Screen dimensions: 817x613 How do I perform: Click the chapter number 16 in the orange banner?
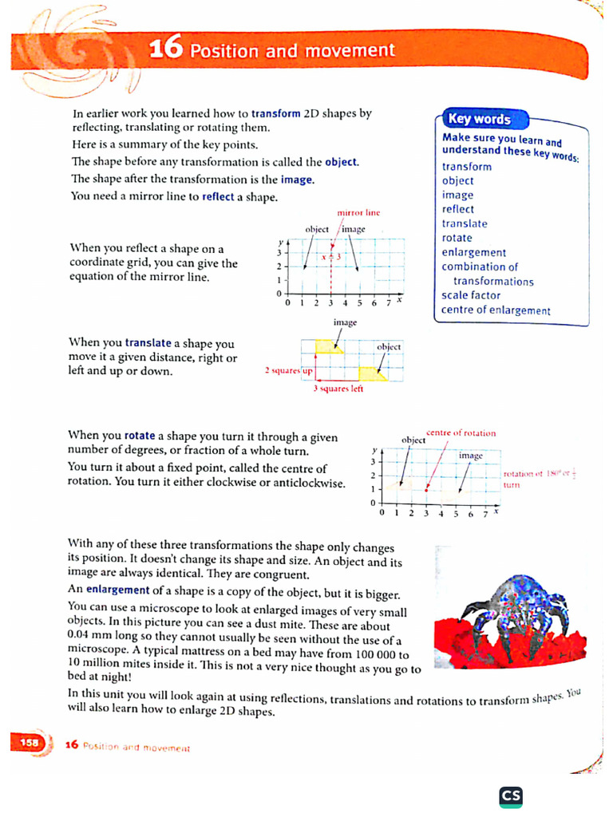pyautogui.click(x=165, y=49)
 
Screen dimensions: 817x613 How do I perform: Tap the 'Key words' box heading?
pyautogui.click(x=479, y=119)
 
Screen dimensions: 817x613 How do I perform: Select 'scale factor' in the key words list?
pyautogui.click(x=471, y=295)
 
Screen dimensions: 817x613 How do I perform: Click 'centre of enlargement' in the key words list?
pyautogui.click(x=496, y=310)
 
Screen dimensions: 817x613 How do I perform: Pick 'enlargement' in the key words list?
pyautogui.click(x=473, y=252)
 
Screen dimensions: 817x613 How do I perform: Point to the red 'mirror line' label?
pyautogui.click(x=358, y=213)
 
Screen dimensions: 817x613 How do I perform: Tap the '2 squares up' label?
pyautogui.click(x=289, y=371)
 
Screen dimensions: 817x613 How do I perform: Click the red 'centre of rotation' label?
pyautogui.click(x=461, y=432)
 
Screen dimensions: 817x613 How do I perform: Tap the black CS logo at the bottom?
pyautogui.click(x=511, y=796)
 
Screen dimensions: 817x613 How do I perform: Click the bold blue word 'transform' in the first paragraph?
pyautogui.click(x=276, y=113)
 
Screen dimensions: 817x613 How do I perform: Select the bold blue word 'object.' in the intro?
pyautogui.click(x=342, y=161)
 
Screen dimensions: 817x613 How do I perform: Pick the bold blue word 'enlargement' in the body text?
pyautogui.click(x=117, y=590)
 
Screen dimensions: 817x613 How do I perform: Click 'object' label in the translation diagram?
pyautogui.click(x=389, y=347)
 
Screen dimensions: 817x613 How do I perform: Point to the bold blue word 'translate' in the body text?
pyautogui.click(x=148, y=343)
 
